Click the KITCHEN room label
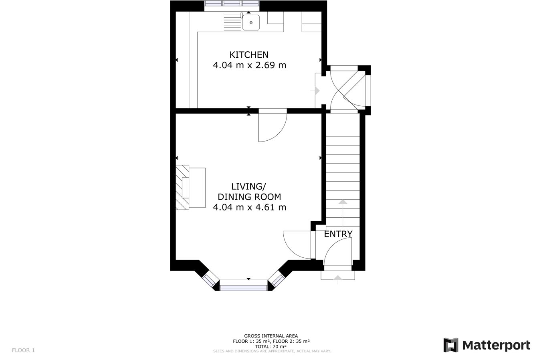click(248, 55)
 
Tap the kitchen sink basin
click(251, 22)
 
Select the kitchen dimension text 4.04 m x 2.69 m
click(249, 65)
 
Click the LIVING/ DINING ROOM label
click(249, 192)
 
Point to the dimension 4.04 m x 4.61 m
click(249, 207)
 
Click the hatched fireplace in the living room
click(182, 188)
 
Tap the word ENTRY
click(338, 234)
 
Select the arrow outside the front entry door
click(338, 279)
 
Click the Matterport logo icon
click(450, 345)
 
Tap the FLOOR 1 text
click(23, 350)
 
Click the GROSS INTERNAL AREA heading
click(271, 336)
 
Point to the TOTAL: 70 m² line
click(271, 346)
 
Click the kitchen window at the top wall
click(232, 4)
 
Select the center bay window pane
click(243, 287)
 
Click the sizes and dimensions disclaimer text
click(272, 351)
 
